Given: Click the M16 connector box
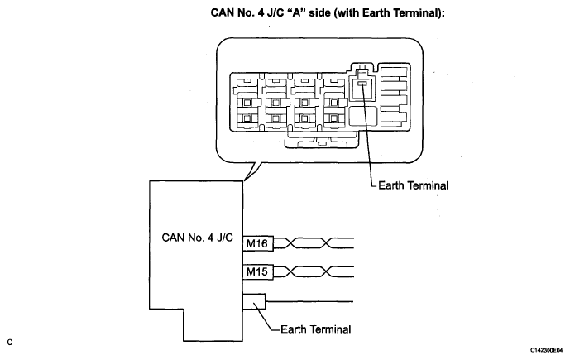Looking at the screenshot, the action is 258,243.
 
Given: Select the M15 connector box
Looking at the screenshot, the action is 258,271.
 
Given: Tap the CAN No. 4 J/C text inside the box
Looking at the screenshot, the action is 197,238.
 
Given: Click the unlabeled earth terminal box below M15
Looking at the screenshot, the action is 254,301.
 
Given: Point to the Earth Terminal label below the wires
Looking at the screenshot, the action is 315,329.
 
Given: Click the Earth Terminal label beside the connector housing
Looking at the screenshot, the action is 413,185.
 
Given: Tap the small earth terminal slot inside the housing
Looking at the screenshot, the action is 362,84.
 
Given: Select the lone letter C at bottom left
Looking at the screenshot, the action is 9,343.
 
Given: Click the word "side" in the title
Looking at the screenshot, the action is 319,12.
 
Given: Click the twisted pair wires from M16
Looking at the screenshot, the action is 314,243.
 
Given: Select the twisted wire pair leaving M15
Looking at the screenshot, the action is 314,271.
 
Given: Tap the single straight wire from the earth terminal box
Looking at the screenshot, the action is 309,301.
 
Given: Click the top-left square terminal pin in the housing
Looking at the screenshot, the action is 247,103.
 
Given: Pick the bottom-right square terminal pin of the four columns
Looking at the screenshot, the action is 333,118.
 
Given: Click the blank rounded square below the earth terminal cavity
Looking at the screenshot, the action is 363,116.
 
